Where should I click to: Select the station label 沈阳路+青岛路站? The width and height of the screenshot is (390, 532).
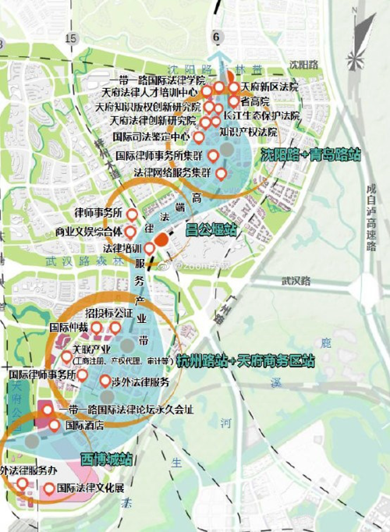click(310, 154)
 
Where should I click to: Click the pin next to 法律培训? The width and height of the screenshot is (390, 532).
click(150, 249)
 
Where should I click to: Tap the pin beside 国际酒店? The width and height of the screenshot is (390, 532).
click(54, 425)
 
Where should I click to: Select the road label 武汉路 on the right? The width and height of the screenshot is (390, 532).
click(296, 281)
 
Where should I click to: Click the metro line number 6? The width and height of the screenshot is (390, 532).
click(217, 36)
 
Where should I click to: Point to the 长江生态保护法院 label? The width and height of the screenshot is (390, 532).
click(254, 115)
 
